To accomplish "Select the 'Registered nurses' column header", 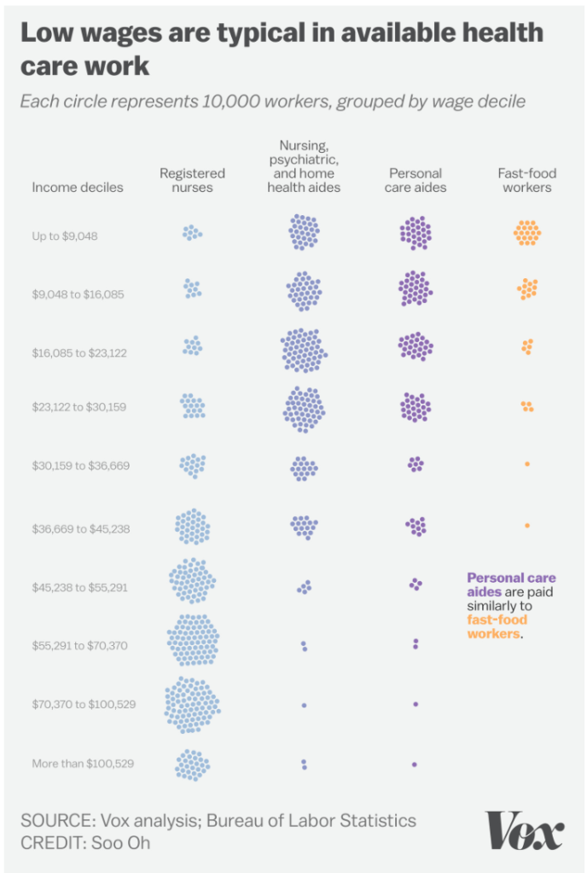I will (x=192, y=180).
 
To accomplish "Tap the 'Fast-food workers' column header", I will (x=526, y=180).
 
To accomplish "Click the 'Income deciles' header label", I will (x=78, y=187).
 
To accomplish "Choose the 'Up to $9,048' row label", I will (x=65, y=236).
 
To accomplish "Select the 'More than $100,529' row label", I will (x=83, y=763).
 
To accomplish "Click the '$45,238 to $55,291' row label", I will (x=80, y=587).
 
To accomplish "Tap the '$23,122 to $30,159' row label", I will (x=79, y=407).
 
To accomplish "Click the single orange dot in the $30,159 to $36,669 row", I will (x=527, y=463).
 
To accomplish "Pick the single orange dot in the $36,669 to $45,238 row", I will (x=527, y=525).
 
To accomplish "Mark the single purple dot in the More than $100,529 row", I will (x=415, y=764).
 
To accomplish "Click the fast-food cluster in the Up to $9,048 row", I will (x=527, y=232).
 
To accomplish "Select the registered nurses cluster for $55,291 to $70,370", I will (x=193, y=640).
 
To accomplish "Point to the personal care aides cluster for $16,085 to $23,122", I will (x=416, y=346).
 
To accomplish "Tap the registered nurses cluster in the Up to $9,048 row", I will (x=192, y=232).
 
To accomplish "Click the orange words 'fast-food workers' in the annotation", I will (x=497, y=627).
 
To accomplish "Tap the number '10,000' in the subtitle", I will (x=231, y=102).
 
